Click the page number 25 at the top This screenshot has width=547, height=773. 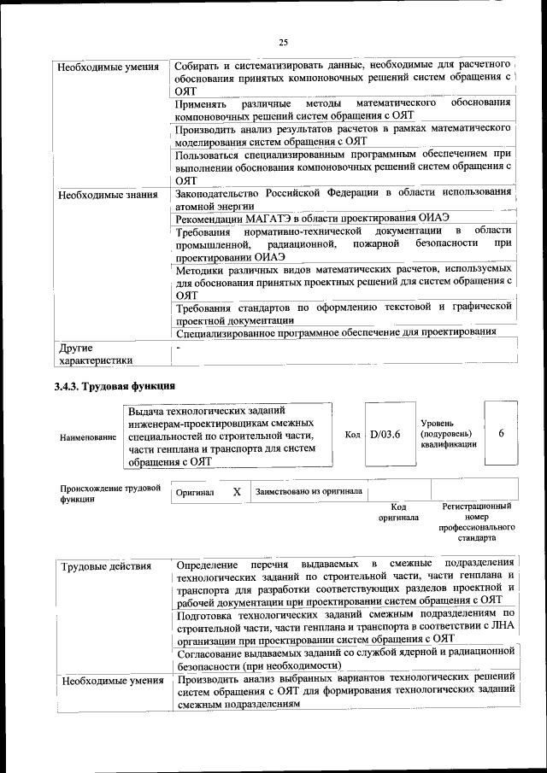(283, 43)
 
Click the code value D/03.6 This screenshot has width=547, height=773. (385, 434)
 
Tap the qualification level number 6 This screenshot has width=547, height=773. (502, 433)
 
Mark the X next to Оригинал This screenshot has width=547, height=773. (237, 493)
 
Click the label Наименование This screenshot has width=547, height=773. (88, 437)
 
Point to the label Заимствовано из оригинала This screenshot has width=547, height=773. (309, 492)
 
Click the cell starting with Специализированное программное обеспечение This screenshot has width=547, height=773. (336, 332)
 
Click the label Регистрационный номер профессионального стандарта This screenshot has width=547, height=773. (476, 523)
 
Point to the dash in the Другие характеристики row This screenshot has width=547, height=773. (178, 349)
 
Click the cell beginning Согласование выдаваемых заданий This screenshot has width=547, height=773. (342, 659)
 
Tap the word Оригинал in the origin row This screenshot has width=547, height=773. (195, 494)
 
